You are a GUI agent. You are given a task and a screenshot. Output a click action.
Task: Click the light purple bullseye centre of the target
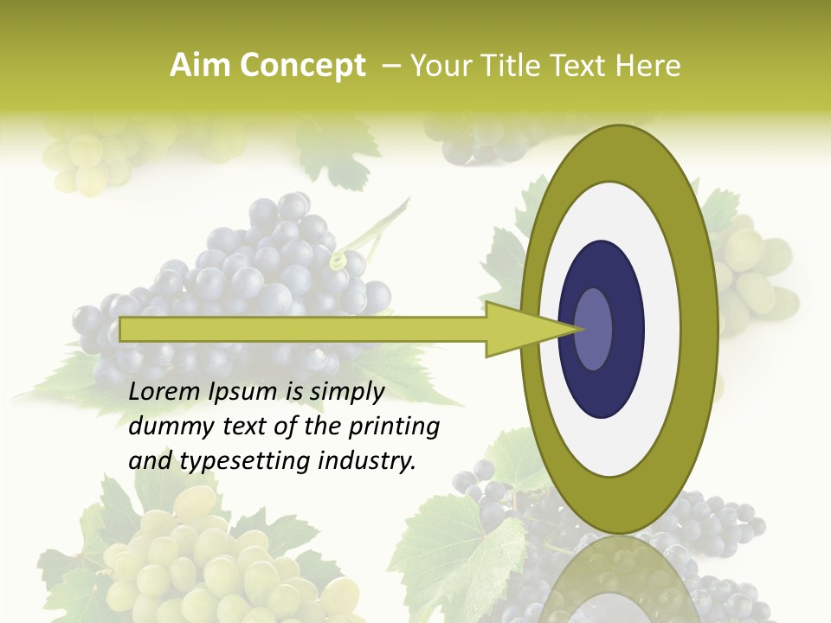pos(594,329)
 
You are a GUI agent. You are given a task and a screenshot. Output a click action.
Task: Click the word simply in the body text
pos(346,393)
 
